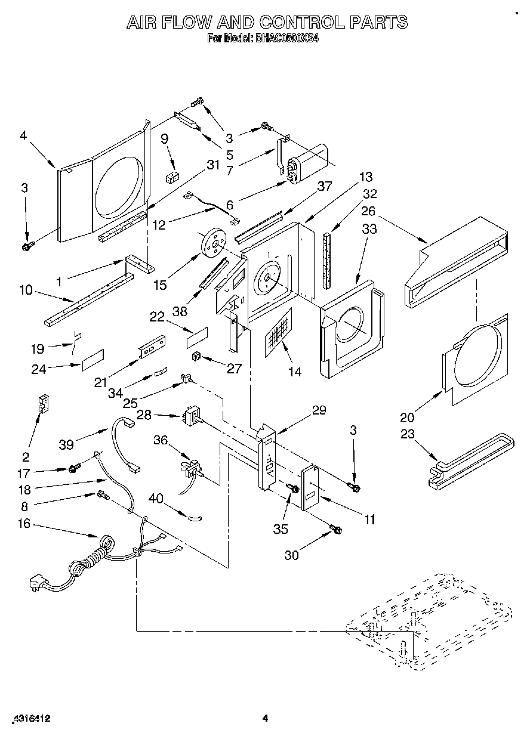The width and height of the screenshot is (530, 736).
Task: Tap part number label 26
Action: pyautogui.click(x=368, y=211)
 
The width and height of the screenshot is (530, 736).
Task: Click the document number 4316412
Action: pyautogui.click(x=30, y=719)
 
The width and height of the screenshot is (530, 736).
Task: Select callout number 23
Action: pyautogui.click(x=407, y=434)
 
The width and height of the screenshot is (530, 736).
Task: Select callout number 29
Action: pyautogui.click(x=319, y=410)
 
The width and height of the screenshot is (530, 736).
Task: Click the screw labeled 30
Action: pyautogui.click(x=335, y=528)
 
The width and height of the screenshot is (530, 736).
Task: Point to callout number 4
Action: pyautogui.click(x=23, y=135)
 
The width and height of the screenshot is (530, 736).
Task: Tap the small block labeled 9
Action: pyautogui.click(x=173, y=177)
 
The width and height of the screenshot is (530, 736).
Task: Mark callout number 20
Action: pyautogui.click(x=408, y=417)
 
